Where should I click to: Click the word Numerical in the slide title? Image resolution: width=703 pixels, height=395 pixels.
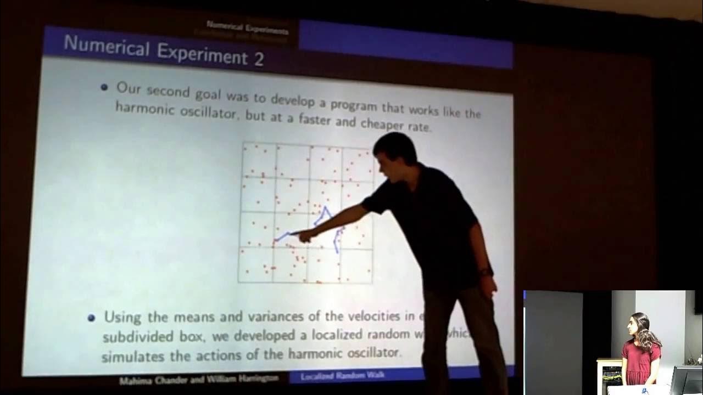click(106, 45)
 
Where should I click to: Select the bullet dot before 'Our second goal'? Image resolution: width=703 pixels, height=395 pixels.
click(104, 87)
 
